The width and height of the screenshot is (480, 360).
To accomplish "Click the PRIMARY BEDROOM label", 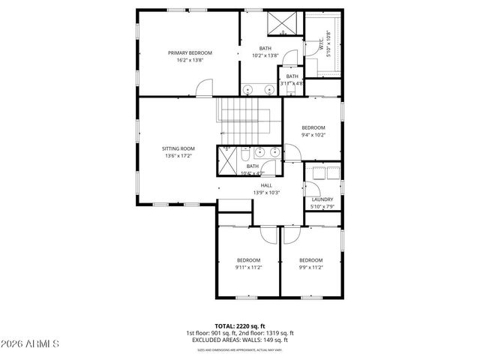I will (190, 52).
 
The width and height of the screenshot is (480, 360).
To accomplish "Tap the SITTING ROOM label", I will (178, 148).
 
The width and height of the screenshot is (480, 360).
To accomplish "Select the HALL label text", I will (266, 184).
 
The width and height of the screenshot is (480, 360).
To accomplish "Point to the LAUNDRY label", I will (322, 199).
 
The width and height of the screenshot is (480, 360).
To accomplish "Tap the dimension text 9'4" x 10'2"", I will (313, 136).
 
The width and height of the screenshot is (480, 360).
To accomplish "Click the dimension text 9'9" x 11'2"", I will (311, 268).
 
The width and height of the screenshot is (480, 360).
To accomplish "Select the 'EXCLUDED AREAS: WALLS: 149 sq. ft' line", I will (239, 340).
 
